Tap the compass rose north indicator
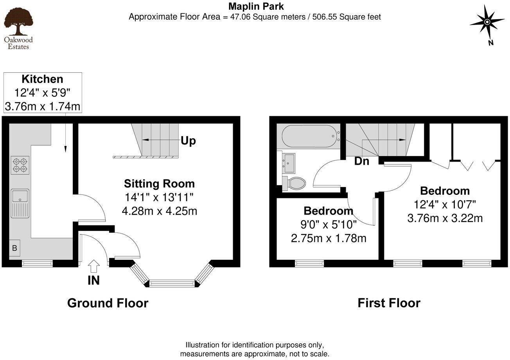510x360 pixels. (487, 23)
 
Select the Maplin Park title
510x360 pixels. (256, 6)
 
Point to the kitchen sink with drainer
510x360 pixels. (20, 203)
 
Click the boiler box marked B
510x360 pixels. (14, 248)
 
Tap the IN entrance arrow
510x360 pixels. (93, 267)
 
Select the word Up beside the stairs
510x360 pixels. (188, 141)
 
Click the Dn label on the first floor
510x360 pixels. (362, 161)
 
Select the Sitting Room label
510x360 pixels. (159, 184)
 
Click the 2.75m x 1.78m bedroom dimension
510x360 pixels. (329, 238)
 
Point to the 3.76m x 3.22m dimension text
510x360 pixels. (445, 218)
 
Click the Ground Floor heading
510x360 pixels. (108, 303)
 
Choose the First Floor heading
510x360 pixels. (389, 303)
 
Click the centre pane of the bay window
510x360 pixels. (172, 283)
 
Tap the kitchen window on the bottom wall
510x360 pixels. (37, 263)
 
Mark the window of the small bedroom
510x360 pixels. (309, 263)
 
